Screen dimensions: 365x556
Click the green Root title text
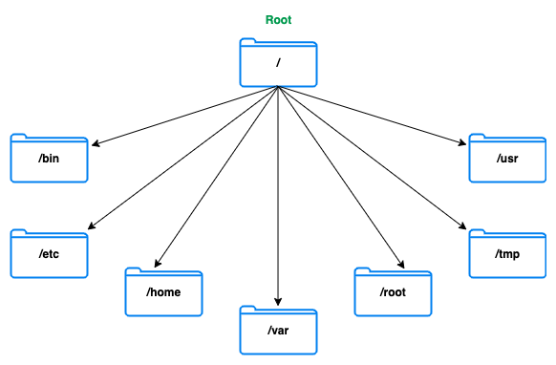point(277,19)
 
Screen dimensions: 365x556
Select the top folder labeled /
point(277,62)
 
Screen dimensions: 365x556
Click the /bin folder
point(49,159)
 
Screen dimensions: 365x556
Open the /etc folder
point(49,254)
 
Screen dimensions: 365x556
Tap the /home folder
point(163,292)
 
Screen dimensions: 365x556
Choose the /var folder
point(277,331)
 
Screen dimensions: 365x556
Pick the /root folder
point(393,292)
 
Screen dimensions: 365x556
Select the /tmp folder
point(506,254)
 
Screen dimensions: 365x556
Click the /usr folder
point(506,159)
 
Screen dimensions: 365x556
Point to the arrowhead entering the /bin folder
point(94,145)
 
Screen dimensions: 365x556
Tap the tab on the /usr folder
point(481,138)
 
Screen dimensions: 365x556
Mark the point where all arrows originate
point(277,86)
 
